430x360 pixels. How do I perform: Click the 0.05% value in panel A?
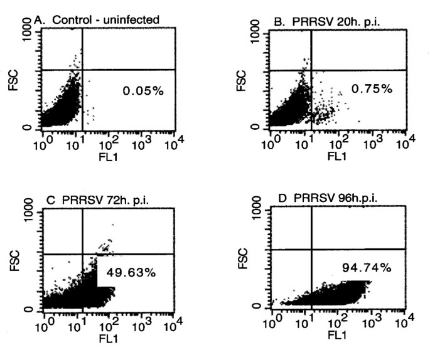pos(142,91)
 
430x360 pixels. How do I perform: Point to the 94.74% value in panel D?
pos(367,267)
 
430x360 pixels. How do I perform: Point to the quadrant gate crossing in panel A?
pos(83,70)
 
